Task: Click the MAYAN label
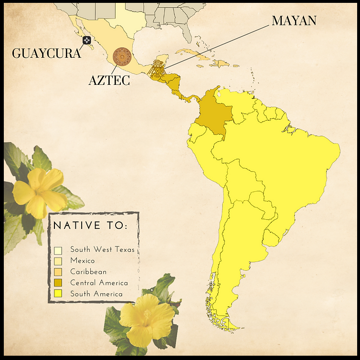[294, 21]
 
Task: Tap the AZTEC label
[109, 80]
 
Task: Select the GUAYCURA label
[46, 52]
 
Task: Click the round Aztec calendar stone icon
[122, 56]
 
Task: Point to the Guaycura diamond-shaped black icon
[87, 41]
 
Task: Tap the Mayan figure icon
[155, 71]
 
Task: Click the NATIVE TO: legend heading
[90, 226]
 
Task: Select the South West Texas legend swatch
[58, 250]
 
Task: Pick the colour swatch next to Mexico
[58, 261]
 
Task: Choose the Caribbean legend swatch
[58, 272]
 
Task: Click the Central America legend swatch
[58, 283]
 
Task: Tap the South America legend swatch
[58, 294]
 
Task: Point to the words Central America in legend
[99, 283]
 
